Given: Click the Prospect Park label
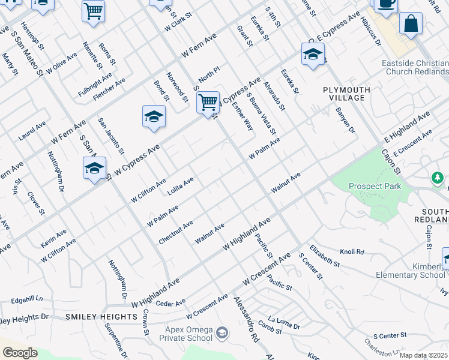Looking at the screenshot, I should tap(375, 186).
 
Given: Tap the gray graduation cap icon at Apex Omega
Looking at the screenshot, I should tap(222, 332).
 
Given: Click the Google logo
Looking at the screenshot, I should tap(20, 353).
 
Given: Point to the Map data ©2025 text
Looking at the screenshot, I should tap(423, 355).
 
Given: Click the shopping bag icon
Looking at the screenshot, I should tap(411, 24).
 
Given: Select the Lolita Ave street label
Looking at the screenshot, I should tap(180, 182).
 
